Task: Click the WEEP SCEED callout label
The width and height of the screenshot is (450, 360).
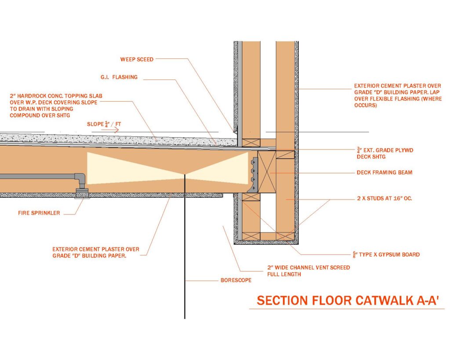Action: click(x=137, y=59)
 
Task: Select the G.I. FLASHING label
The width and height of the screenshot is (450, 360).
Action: click(x=119, y=77)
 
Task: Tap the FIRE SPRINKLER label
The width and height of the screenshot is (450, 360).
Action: click(x=39, y=213)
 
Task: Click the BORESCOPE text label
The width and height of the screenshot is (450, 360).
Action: click(x=236, y=280)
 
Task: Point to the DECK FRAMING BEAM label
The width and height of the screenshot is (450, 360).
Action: click(x=385, y=173)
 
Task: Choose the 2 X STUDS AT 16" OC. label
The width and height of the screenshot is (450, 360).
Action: click(x=385, y=198)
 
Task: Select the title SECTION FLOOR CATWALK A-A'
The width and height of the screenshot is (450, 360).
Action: click(x=348, y=301)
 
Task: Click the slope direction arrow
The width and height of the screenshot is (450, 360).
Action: click(x=110, y=130)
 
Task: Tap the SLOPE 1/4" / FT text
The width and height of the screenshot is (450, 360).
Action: click(x=104, y=124)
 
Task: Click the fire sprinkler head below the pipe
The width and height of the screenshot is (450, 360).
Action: click(x=82, y=194)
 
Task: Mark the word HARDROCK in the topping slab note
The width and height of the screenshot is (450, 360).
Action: click(x=33, y=96)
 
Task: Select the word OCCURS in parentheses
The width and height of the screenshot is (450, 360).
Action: click(x=366, y=105)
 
